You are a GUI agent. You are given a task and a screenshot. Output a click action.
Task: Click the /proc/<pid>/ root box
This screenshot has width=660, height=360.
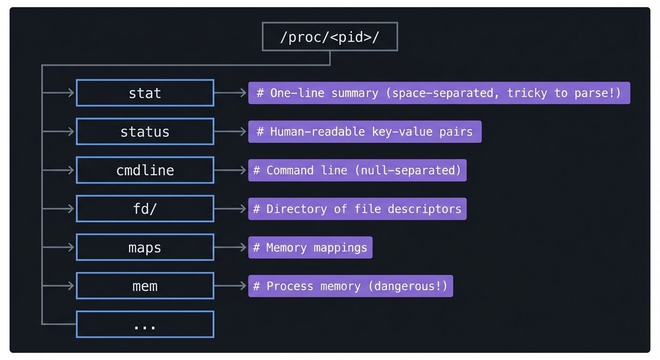point(330,37)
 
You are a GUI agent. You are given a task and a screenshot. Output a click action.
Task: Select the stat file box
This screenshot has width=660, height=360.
point(145,93)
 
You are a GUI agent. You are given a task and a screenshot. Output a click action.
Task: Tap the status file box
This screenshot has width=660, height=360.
point(145,132)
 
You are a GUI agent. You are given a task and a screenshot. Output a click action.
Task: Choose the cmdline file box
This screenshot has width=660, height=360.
point(145,170)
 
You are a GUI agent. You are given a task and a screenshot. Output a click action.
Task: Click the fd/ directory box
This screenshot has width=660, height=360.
point(145,209)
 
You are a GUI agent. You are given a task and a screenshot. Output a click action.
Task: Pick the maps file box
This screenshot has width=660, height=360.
point(145,247)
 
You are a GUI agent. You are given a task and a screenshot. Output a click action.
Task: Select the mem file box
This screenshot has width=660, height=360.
point(145,285)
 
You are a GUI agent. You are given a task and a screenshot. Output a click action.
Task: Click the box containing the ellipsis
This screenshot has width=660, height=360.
point(145,324)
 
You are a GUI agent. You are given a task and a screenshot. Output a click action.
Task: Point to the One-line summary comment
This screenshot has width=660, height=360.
point(439,93)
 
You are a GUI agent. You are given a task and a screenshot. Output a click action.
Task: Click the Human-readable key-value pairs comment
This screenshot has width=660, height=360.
point(365,132)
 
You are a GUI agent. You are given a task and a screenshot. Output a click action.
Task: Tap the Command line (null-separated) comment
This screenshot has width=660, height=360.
point(357,170)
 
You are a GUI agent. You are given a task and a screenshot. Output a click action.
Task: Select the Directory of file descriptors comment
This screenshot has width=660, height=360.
point(357,209)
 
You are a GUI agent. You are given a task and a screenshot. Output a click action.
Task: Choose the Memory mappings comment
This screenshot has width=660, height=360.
point(310,247)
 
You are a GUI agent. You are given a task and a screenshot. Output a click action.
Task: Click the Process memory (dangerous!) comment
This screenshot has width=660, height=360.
point(351,285)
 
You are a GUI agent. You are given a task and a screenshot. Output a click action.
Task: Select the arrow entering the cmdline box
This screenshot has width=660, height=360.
point(59,170)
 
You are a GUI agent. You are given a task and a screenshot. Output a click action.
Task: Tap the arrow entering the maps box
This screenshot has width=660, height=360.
point(59,247)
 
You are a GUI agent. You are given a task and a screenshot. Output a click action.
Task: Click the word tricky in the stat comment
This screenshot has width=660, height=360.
point(527,93)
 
